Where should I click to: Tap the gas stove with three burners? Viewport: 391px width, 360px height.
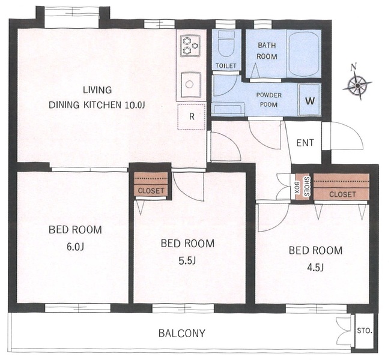(x=190, y=46)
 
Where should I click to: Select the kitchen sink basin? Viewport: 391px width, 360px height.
(x=191, y=85)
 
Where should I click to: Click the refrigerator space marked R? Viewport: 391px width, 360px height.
(x=192, y=116)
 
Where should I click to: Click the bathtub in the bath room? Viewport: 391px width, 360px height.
(x=304, y=54)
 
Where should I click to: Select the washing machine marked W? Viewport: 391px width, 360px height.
(x=310, y=100)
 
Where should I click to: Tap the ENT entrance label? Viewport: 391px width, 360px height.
(x=305, y=143)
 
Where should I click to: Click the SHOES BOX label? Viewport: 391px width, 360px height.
(x=302, y=186)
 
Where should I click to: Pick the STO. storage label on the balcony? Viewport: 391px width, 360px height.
(x=365, y=331)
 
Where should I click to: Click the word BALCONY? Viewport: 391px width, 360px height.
(x=182, y=333)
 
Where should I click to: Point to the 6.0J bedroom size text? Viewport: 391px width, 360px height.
(x=75, y=247)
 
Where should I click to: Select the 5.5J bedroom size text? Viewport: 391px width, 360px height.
(x=187, y=260)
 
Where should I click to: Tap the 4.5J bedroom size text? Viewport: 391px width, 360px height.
(x=315, y=268)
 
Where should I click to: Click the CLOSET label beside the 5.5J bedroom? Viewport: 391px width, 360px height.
(x=151, y=191)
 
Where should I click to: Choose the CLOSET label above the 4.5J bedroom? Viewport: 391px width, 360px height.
(x=342, y=194)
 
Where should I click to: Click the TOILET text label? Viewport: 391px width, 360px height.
(x=226, y=66)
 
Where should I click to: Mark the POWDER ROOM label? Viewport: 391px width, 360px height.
(x=268, y=100)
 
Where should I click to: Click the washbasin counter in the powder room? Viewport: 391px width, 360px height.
(x=228, y=109)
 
